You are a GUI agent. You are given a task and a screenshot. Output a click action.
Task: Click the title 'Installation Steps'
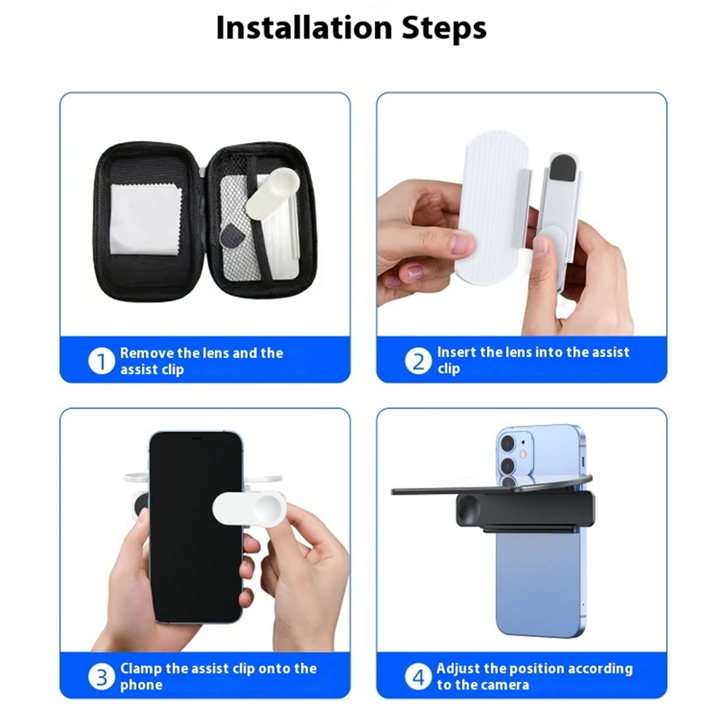click(x=351, y=29)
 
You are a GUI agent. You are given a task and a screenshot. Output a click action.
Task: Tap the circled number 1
click(x=101, y=361)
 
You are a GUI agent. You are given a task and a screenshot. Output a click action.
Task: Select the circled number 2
click(x=418, y=361)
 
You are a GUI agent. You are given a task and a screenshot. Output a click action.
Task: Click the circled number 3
click(x=101, y=677)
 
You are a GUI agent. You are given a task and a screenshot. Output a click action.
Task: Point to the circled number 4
click(x=418, y=677)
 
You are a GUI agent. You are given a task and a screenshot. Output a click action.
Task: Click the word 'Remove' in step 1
click(x=146, y=353)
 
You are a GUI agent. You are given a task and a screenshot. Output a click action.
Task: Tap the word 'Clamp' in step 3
click(x=141, y=669)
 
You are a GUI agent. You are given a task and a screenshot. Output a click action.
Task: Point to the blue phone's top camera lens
click(x=508, y=444)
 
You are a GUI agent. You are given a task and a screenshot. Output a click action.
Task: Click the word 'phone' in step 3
click(x=141, y=686)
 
